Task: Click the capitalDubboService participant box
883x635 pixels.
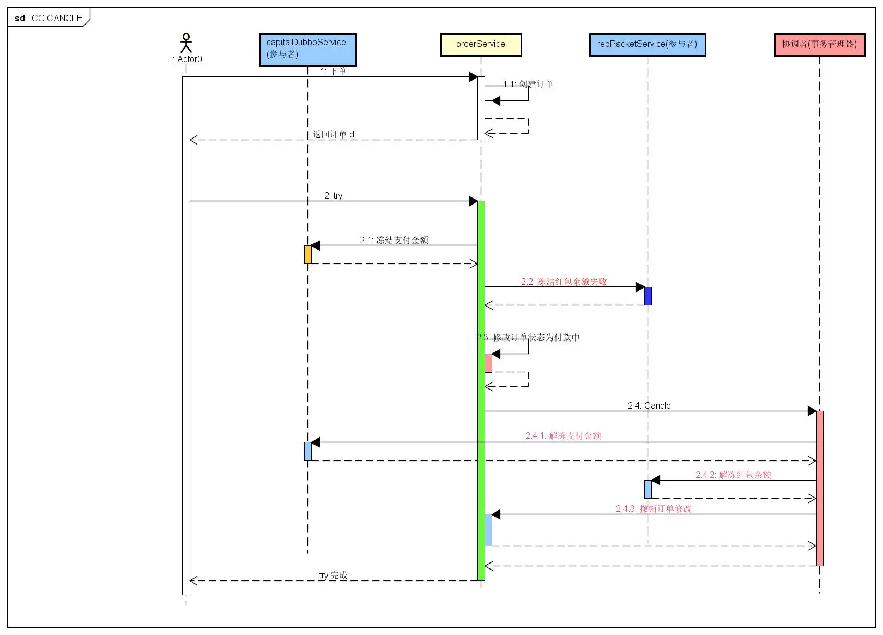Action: tap(307, 50)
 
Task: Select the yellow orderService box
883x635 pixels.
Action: tap(481, 45)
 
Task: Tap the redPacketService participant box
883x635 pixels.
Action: tap(648, 45)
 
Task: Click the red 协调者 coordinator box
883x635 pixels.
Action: tap(820, 45)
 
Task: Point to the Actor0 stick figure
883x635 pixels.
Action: tap(186, 43)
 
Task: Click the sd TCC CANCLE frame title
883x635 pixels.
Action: tap(49, 18)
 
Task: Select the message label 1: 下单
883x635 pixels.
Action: tap(333, 71)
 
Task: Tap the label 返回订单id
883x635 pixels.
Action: tap(333, 134)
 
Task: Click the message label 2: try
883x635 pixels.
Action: tap(333, 195)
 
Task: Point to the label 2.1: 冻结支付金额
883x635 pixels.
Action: tap(394, 240)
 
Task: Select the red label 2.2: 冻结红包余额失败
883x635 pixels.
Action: tap(564, 281)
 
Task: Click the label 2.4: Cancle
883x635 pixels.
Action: tap(649, 405)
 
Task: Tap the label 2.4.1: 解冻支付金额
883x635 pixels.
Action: tap(563, 435)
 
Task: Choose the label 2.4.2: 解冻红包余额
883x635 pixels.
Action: tap(733, 475)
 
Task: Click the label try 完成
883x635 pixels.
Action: tap(333, 575)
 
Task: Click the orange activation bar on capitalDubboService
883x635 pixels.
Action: tap(308, 255)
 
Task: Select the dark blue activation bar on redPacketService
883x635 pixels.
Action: tap(648, 296)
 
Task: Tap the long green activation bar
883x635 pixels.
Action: tap(481, 391)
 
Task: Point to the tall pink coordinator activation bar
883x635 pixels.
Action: tap(820, 488)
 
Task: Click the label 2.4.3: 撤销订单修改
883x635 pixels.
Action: tap(654, 508)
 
